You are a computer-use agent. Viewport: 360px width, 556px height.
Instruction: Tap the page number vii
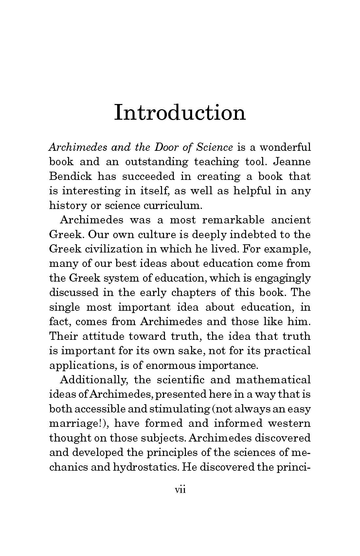pos(180,490)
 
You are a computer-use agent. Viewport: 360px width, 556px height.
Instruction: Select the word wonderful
pos(285,147)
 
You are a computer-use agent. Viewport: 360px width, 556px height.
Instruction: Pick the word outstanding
pos(157,162)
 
